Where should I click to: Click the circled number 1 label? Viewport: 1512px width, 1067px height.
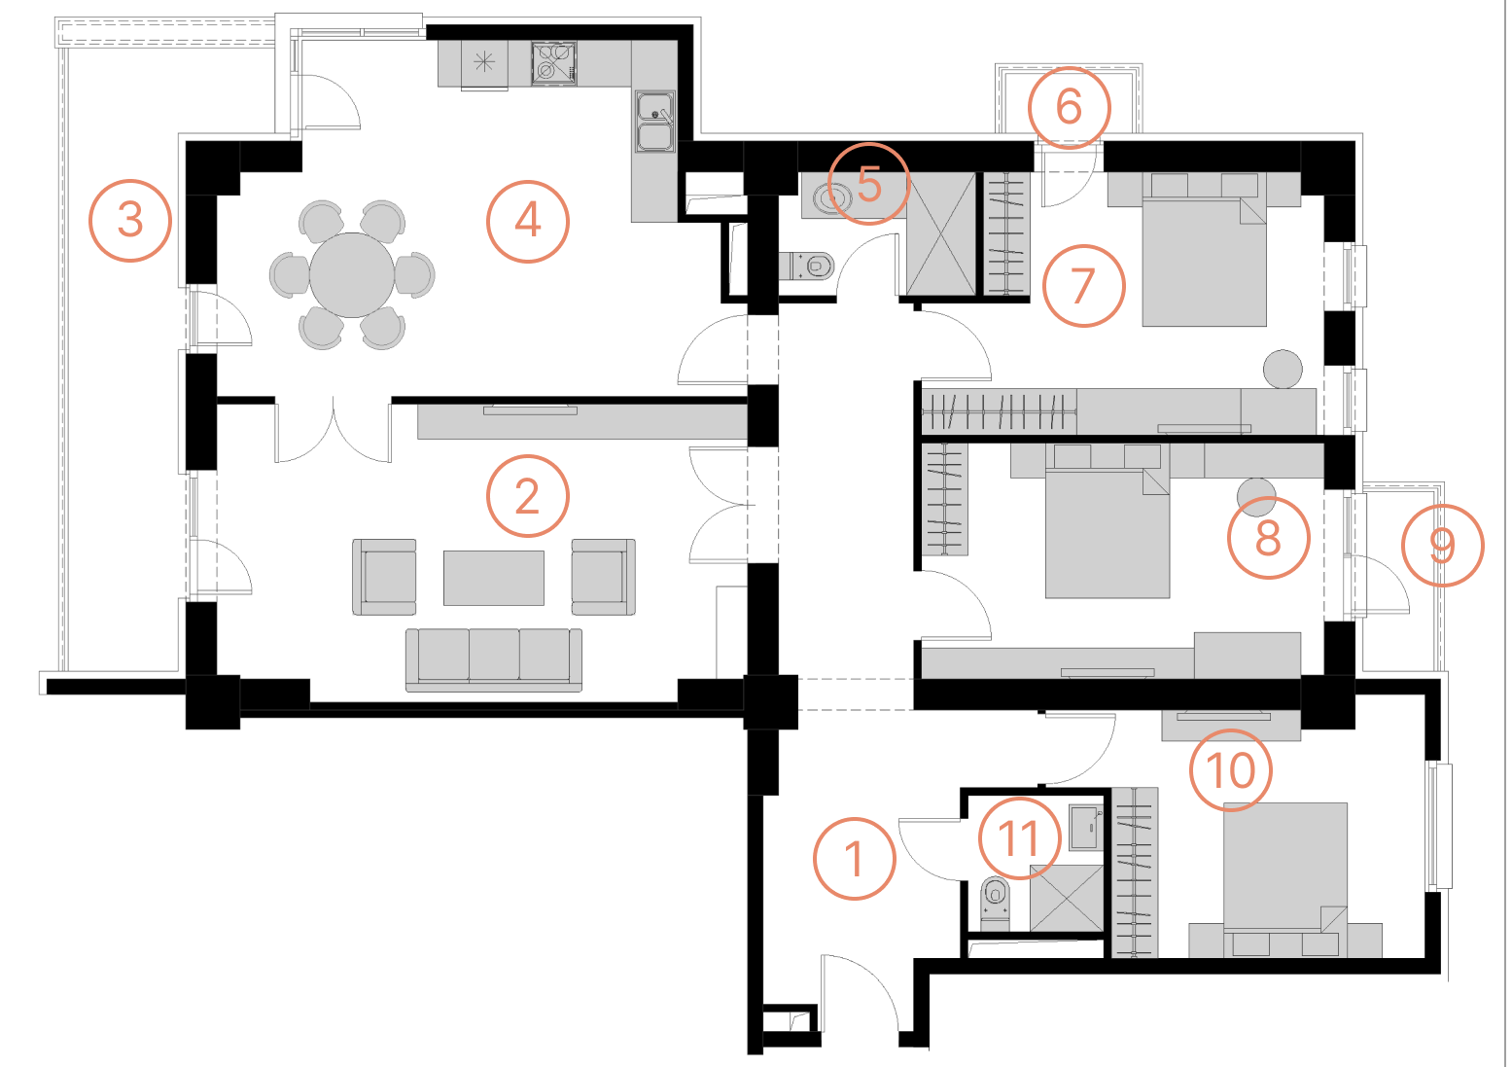point(855,859)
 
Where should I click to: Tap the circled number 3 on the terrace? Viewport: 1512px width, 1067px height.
point(130,221)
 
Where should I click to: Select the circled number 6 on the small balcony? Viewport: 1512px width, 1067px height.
point(1070,107)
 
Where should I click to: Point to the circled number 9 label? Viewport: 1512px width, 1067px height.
point(1443,546)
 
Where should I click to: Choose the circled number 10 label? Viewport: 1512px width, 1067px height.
point(1231,770)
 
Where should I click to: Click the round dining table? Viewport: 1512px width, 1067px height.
point(352,275)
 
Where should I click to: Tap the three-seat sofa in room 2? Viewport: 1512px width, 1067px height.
point(493,659)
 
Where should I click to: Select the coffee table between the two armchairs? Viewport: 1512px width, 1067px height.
point(493,578)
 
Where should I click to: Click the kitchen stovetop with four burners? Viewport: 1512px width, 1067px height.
point(553,63)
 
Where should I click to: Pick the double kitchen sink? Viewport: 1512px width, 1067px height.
point(654,123)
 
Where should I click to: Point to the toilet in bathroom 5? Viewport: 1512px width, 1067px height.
point(807,266)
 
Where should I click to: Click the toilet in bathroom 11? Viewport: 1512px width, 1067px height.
point(995,903)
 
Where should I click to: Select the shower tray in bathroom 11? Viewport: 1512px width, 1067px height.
point(1067,898)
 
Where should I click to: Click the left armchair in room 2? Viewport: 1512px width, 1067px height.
point(384,577)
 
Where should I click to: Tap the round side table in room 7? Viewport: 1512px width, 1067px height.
point(1283,370)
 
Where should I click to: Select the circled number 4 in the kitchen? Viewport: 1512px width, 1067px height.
point(528,221)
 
